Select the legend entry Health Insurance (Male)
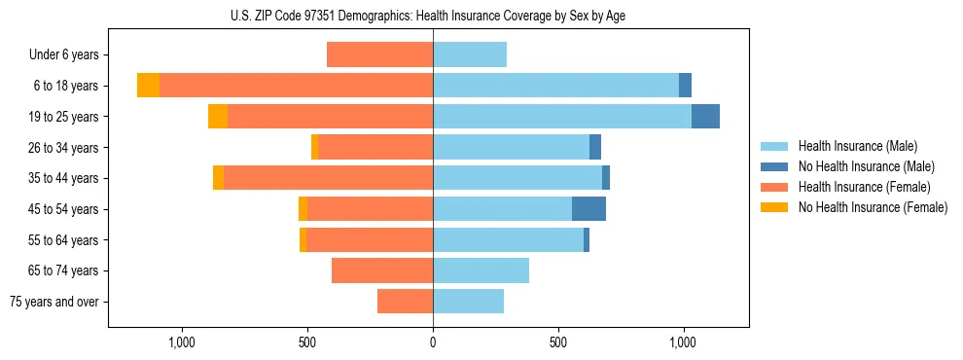point(856,146)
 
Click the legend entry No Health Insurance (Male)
point(866,166)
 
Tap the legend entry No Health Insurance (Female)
point(873,207)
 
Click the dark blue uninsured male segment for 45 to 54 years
point(588,208)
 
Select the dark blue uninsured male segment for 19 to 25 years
point(705,116)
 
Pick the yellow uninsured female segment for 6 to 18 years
point(148,86)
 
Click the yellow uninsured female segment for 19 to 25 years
point(218,116)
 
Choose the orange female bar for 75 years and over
point(405,302)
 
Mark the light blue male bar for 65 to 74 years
point(481,270)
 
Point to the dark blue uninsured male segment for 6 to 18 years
point(685,86)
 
